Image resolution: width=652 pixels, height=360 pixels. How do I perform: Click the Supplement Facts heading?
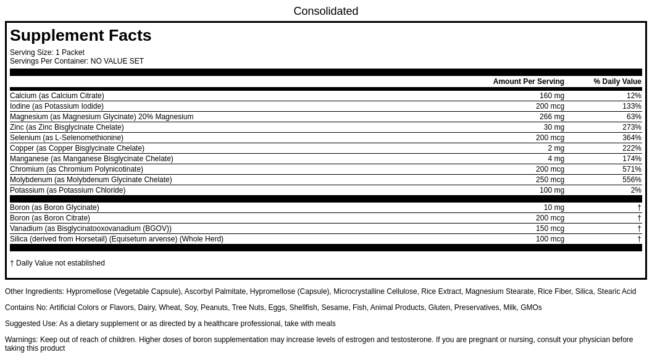coord(80,36)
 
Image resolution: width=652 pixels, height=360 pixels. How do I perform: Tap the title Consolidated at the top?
coord(325,11)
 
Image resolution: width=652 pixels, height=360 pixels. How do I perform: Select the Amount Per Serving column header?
coord(529,82)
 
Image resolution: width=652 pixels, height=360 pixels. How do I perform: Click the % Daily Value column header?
coord(617,82)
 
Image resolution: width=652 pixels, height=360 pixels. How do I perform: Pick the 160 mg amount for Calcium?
coord(551,96)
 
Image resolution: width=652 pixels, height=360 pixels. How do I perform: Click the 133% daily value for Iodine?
coord(632,106)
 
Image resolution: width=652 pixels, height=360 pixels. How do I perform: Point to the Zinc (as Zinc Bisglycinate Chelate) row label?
coord(67,127)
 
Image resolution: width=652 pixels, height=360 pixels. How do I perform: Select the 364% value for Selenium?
coord(632,138)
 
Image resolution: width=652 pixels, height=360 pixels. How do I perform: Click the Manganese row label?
coord(91,159)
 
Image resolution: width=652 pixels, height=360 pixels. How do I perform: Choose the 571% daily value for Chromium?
coord(632,169)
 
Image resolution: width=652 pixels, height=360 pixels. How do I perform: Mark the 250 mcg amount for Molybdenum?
coord(550,180)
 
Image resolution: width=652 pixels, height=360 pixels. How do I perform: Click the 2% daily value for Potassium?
coord(635,190)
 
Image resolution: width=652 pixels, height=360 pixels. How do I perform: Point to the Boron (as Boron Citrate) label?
coord(50,218)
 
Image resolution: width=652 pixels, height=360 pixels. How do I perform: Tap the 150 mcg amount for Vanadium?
coord(550,228)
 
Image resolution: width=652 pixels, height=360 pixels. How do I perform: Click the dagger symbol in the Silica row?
coord(639,239)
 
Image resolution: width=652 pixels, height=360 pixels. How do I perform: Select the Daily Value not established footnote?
coord(57,263)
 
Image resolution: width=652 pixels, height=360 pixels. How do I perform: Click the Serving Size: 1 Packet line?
coord(47,52)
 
